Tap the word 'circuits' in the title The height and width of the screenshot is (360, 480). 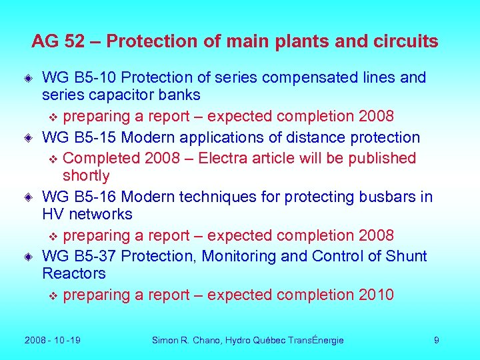pyautogui.click(x=408, y=42)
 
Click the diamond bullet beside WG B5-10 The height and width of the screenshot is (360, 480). pyautogui.click(x=29, y=79)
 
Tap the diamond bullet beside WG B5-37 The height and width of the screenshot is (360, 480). pyautogui.click(x=29, y=257)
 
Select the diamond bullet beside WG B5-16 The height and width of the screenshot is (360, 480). pyautogui.click(x=29, y=198)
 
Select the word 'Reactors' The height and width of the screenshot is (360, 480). pyautogui.click(x=74, y=273)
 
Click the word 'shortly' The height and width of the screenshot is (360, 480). pyautogui.click(x=86, y=175)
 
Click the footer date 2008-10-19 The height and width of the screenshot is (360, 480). pyautogui.click(x=52, y=340)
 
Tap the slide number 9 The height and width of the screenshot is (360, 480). pyautogui.click(x=436, y=340)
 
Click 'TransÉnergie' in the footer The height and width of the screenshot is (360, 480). pyautogui.click(x=316, y=340)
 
